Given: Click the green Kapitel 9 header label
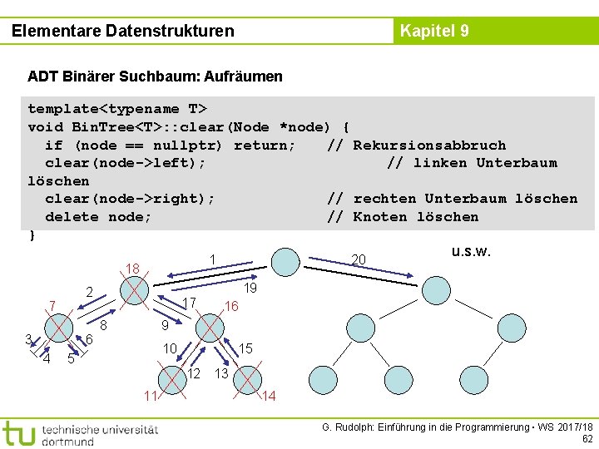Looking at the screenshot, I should tap(434, 32).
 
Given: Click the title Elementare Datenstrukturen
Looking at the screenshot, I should tap(123, 32).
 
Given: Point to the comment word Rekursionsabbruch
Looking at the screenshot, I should tap(429, 145).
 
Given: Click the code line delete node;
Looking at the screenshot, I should tap(98, 216).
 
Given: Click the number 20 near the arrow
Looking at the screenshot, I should tap(359, 260).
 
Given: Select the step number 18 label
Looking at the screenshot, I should tap(131, 269).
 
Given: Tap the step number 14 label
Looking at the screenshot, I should tap(269, 396).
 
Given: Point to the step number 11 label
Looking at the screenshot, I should tap(149, 395).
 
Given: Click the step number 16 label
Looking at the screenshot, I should tap(231, 307).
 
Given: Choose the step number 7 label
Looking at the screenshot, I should tap(52, 307).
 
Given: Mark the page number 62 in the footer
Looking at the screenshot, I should tap(587, 438).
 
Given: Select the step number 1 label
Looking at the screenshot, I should tap(213, 259).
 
